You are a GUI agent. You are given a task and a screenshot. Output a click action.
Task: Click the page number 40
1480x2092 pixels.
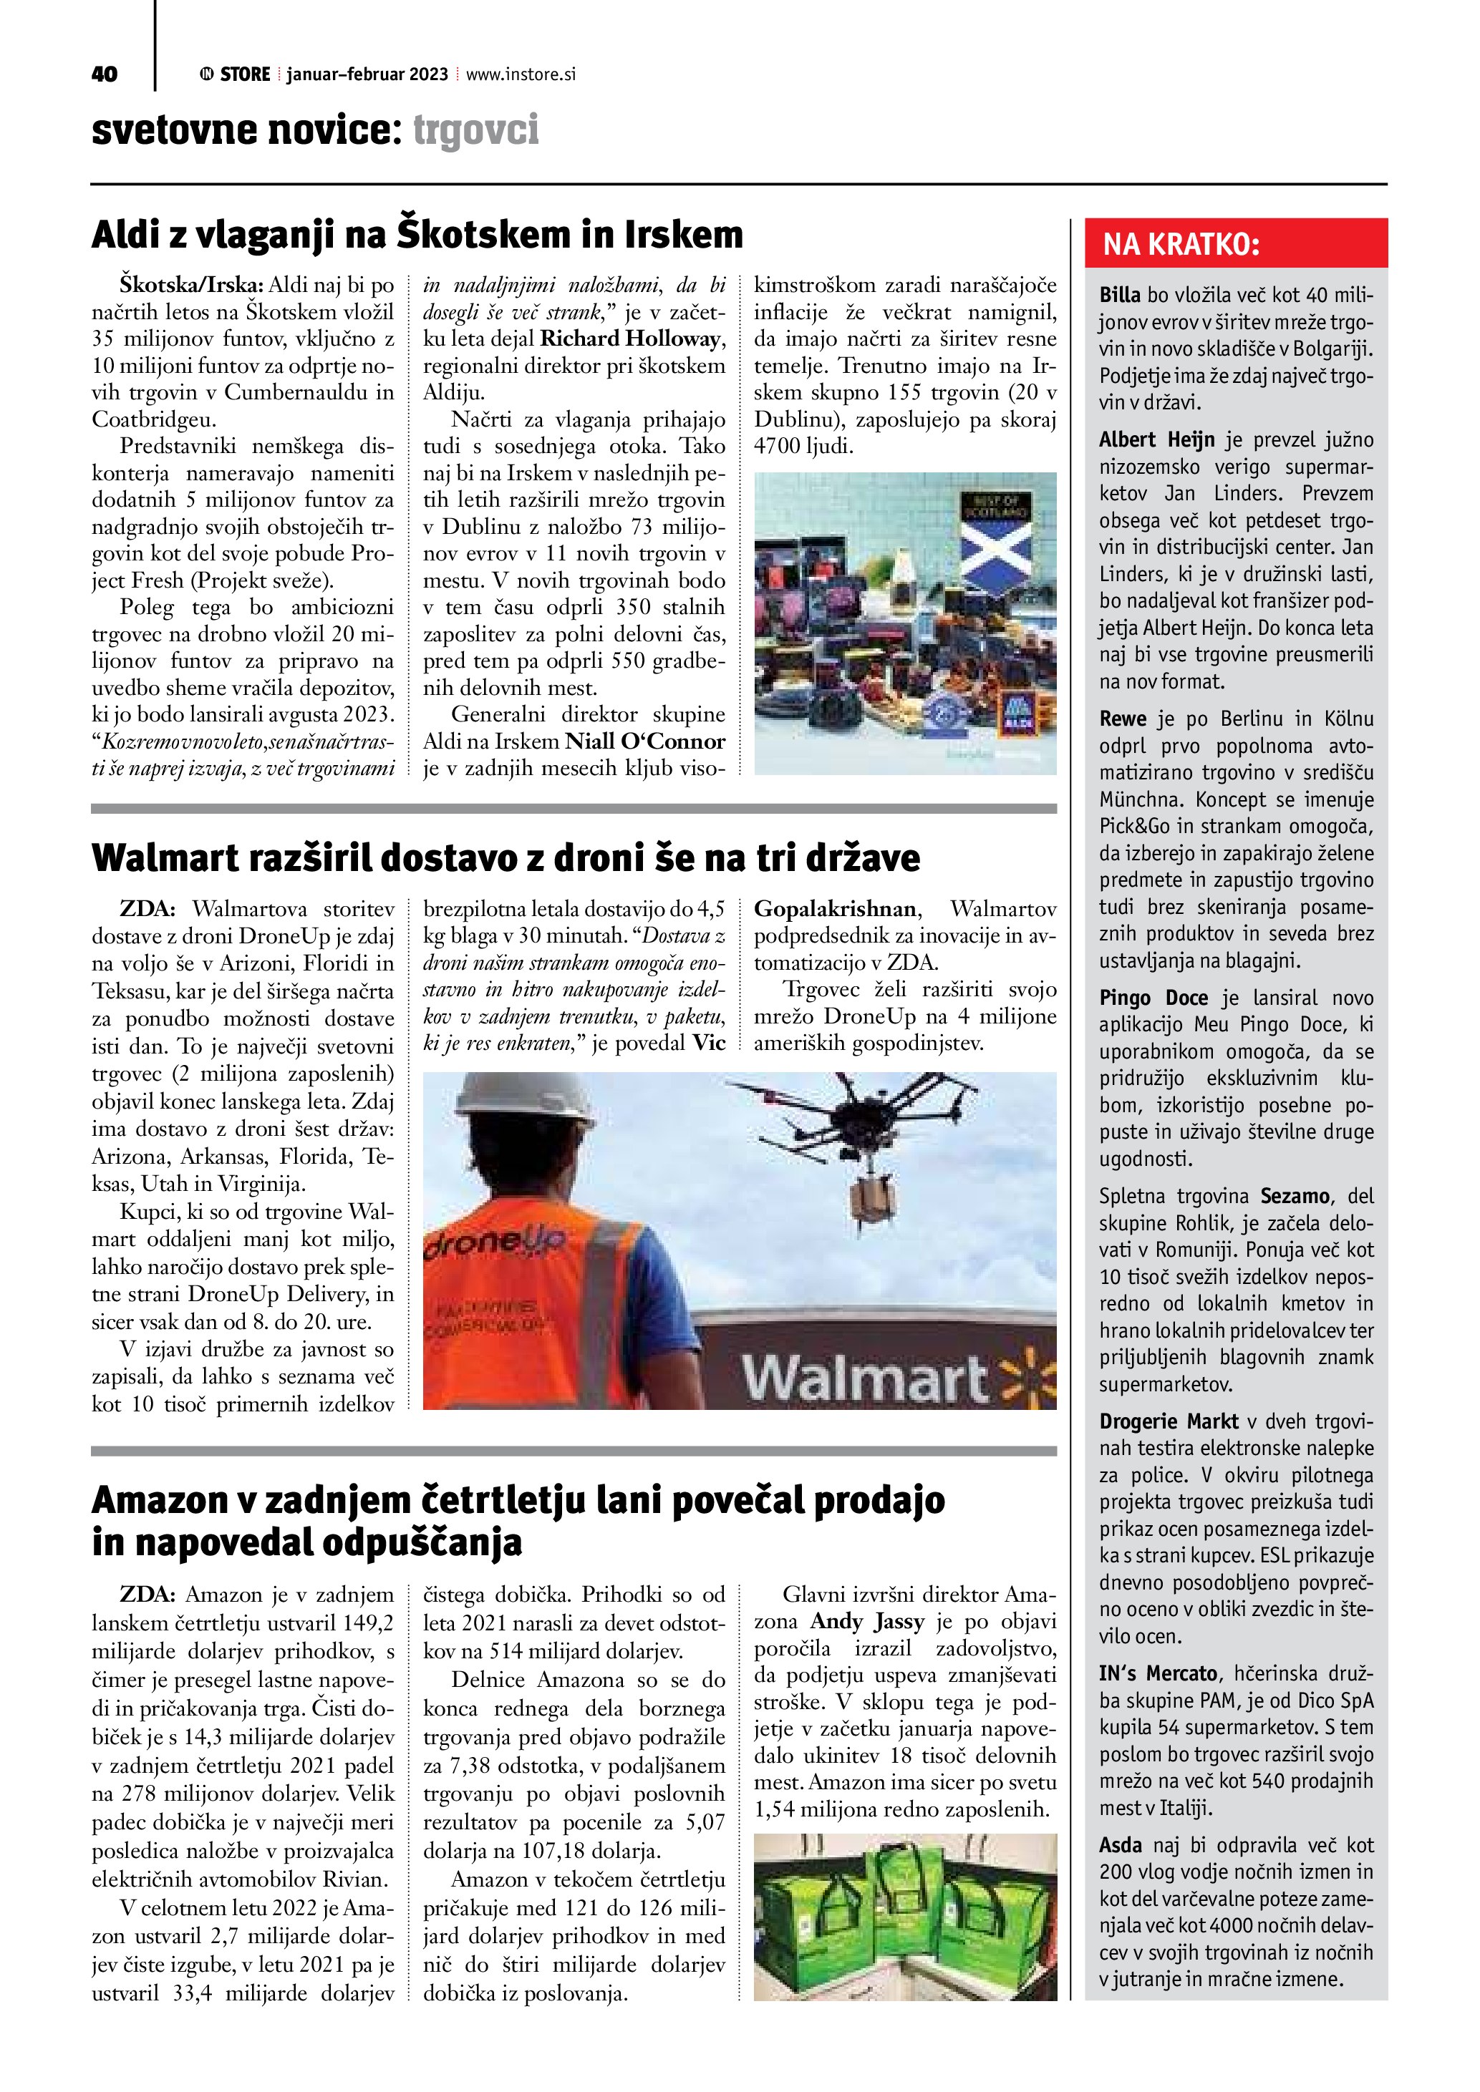105,74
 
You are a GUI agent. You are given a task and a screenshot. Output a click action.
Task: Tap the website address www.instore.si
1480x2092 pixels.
521,74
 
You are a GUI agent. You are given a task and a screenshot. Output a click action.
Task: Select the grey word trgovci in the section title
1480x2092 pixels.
475,130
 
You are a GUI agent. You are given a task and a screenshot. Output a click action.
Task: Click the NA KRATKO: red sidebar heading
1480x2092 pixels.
1182,244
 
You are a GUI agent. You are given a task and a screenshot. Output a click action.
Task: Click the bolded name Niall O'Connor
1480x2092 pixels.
645,741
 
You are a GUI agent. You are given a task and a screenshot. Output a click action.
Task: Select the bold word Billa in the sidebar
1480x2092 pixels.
1119,294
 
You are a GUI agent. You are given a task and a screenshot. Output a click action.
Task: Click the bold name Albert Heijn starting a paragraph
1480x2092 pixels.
1156,440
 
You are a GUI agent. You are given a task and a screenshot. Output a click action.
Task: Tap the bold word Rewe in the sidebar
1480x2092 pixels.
1123,719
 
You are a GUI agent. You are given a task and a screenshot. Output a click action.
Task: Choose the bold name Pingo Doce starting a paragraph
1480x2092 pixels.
1153,998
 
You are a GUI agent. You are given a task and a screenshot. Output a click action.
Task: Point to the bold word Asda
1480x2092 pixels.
1120,1845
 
